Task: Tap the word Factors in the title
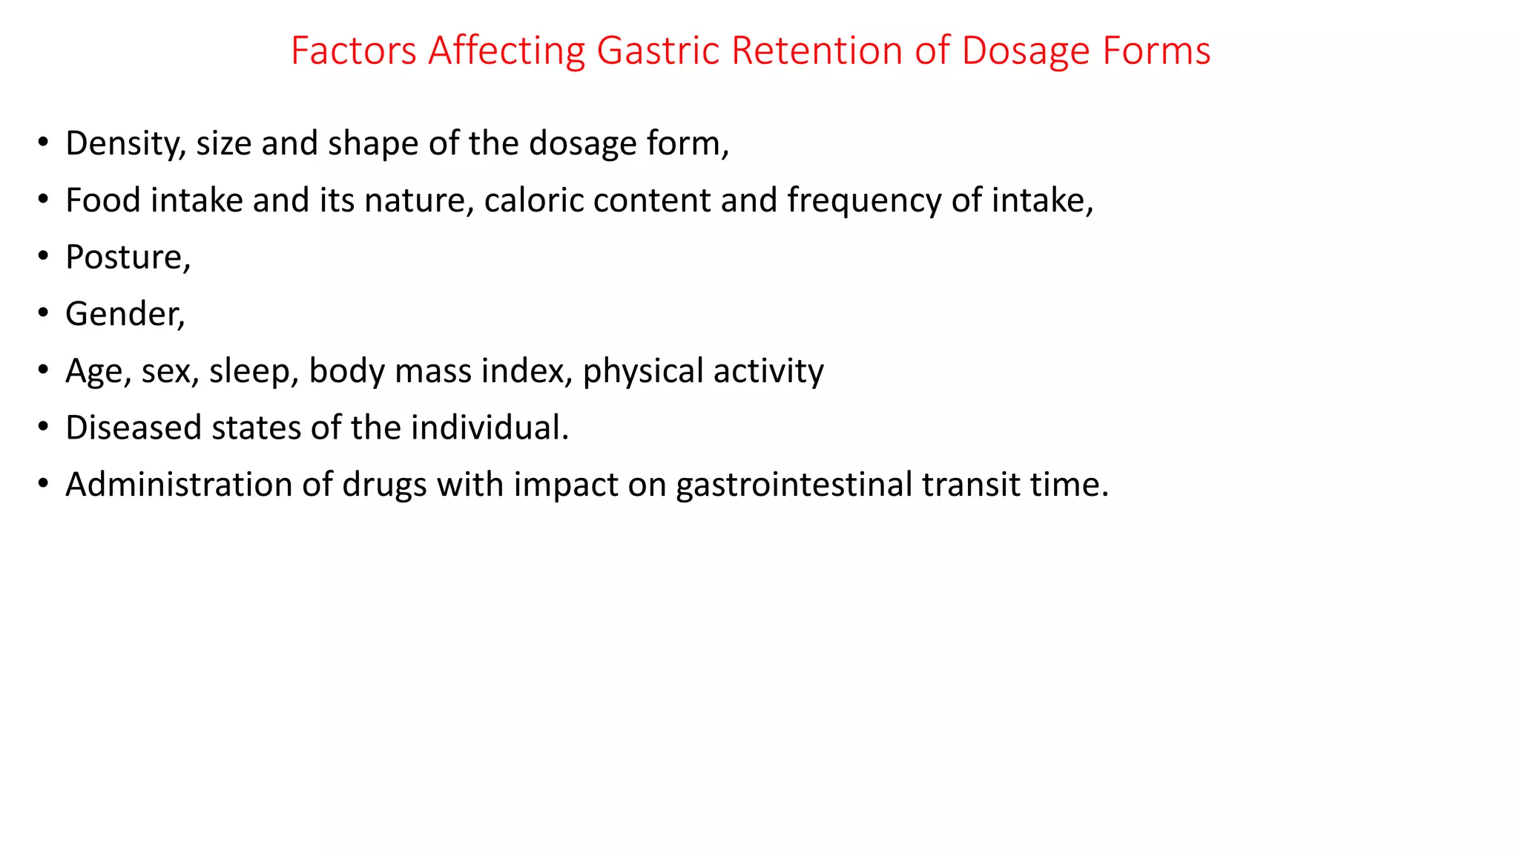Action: coord(354,51)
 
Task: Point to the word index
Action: coord(527,371)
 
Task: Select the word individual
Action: coord(489,427)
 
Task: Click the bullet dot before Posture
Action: coord(44,256)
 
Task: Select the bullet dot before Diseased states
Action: coord(44,427)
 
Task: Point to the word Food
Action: coord(102,200)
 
